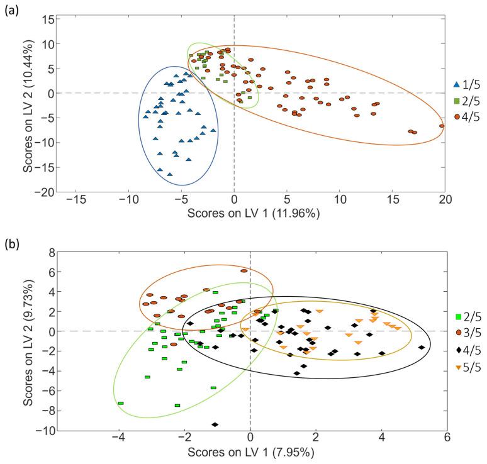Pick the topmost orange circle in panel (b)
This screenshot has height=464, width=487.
click(244, 270)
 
